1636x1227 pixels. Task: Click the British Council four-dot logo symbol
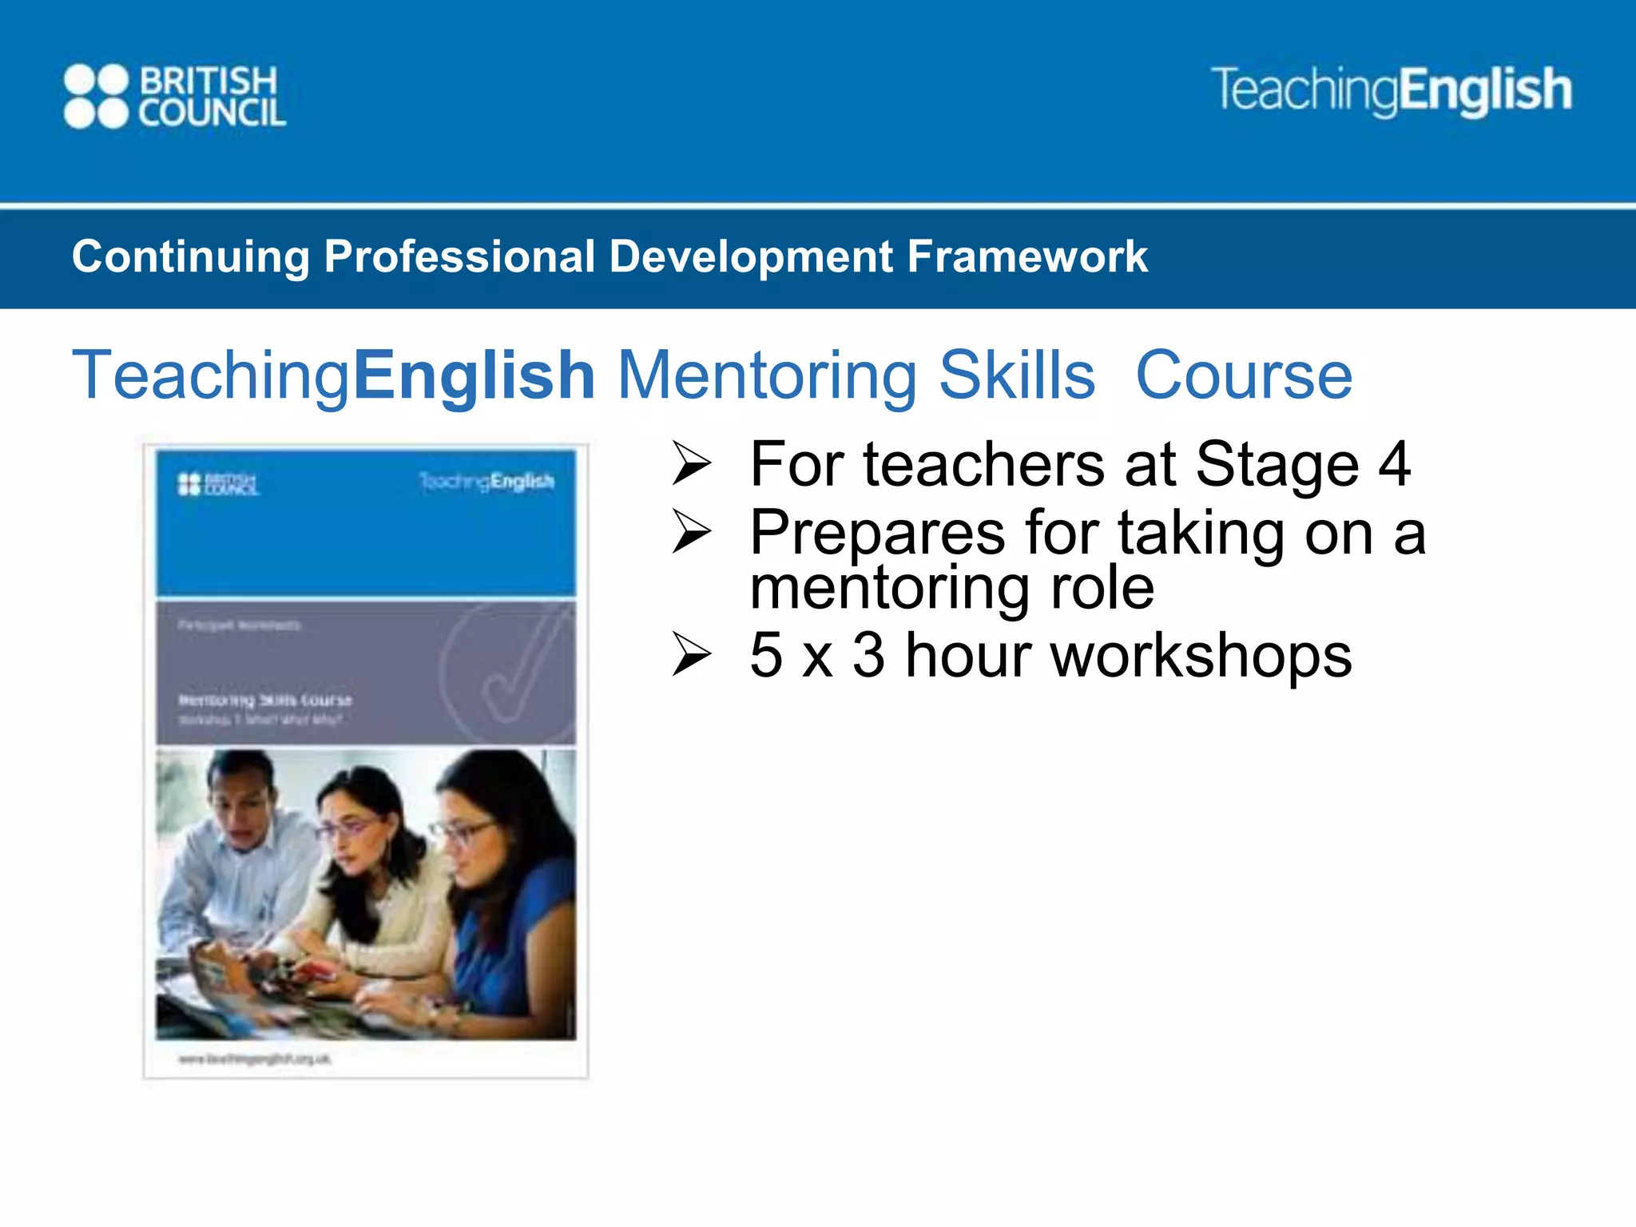point(96,97)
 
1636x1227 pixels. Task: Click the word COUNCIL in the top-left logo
point(212,113)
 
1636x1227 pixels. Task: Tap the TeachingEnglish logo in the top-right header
point(1391,90)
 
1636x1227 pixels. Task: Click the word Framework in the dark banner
point(1027,257)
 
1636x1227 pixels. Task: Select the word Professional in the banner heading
point(459,257)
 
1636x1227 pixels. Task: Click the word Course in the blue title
point(1244,375)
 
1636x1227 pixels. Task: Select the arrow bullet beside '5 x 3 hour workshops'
point(691,654)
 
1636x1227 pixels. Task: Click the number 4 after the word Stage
point(1394,464)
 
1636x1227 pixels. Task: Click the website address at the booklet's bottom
point(254,1059)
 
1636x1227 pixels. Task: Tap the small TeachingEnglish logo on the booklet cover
point(486,481)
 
